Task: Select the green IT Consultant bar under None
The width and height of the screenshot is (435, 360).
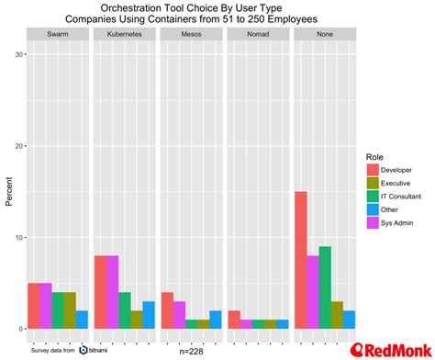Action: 324,287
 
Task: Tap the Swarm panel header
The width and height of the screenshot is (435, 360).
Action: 58,34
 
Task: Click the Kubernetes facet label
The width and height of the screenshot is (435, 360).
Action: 124,34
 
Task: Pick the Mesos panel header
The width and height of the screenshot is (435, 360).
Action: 190,34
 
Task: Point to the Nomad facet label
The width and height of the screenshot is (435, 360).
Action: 256,34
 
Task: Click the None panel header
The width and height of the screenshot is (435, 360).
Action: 322,34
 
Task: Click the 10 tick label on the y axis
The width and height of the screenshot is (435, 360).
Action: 17,237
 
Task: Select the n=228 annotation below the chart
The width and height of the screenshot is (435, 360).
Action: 191,350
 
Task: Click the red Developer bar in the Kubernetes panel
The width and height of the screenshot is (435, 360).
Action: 100,292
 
